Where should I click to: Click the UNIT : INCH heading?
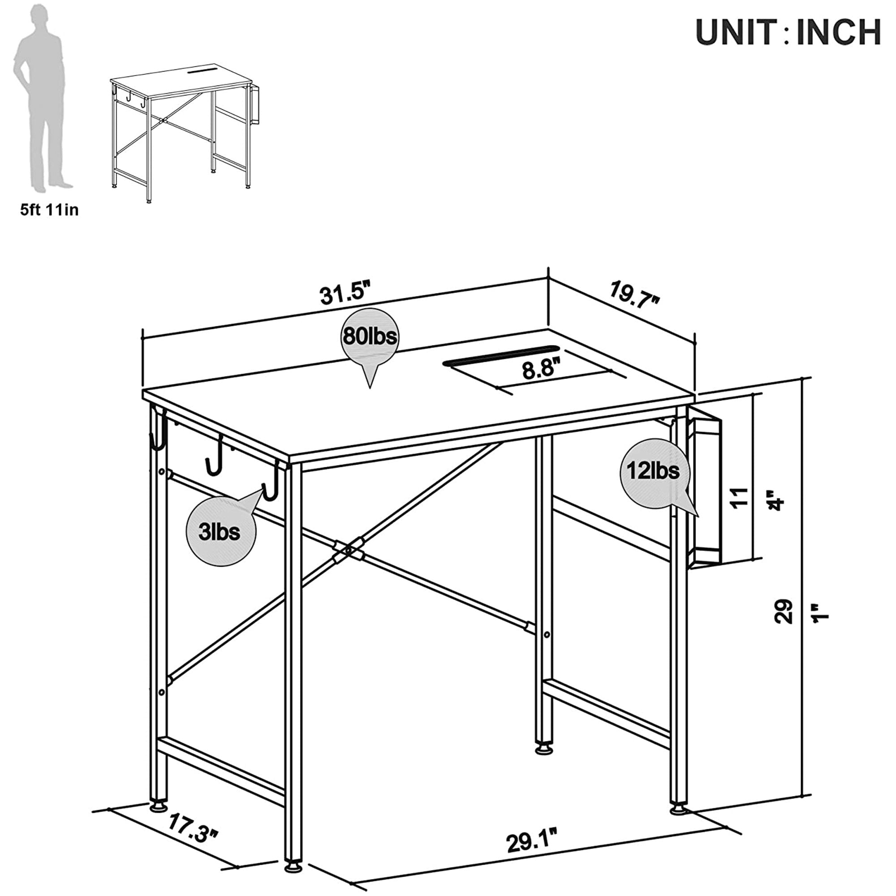(x=788, y=32)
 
